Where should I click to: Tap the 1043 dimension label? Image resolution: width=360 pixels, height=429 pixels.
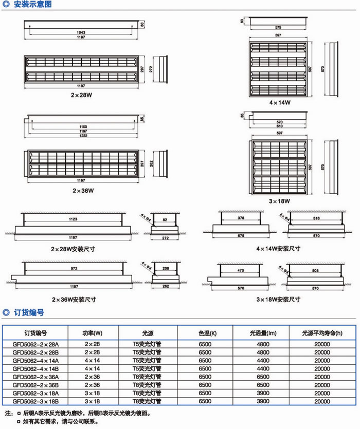tap(82, 33)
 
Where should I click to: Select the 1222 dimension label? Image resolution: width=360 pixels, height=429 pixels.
tap(82, 136)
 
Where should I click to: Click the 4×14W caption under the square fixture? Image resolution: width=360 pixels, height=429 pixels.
tap(280, 102)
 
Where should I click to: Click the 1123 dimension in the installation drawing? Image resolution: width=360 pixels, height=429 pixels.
tap(73, 219)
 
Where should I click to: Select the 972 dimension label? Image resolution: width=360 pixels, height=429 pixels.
tap(73, 269)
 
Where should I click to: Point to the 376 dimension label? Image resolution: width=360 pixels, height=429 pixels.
tap(241, 219)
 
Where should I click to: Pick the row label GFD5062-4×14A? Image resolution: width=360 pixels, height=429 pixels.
tap(36, 361)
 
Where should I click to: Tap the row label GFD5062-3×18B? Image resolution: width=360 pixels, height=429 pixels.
tap(36, 401)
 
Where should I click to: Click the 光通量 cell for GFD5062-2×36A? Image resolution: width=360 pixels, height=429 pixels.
tap(262, 377)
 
